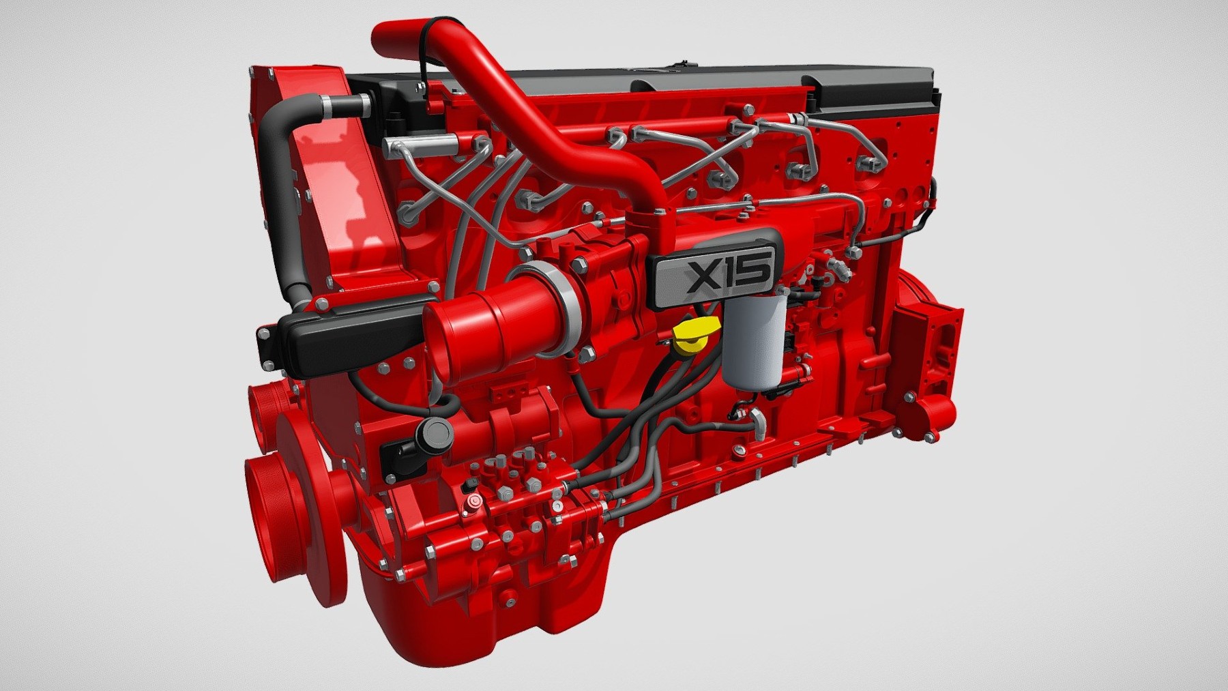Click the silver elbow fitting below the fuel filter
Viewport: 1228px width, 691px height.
[x=759, y=420]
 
